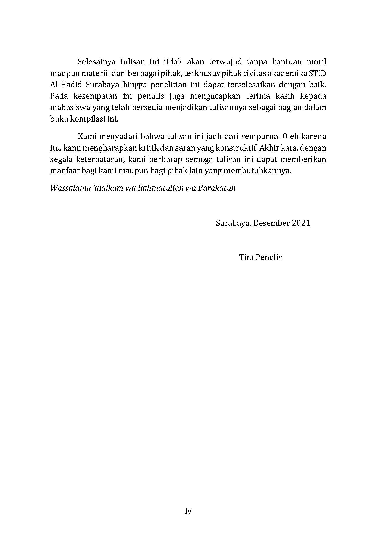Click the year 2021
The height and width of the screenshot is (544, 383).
tap(301, 223)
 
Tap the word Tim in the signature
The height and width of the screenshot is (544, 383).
tap(245, 257)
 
